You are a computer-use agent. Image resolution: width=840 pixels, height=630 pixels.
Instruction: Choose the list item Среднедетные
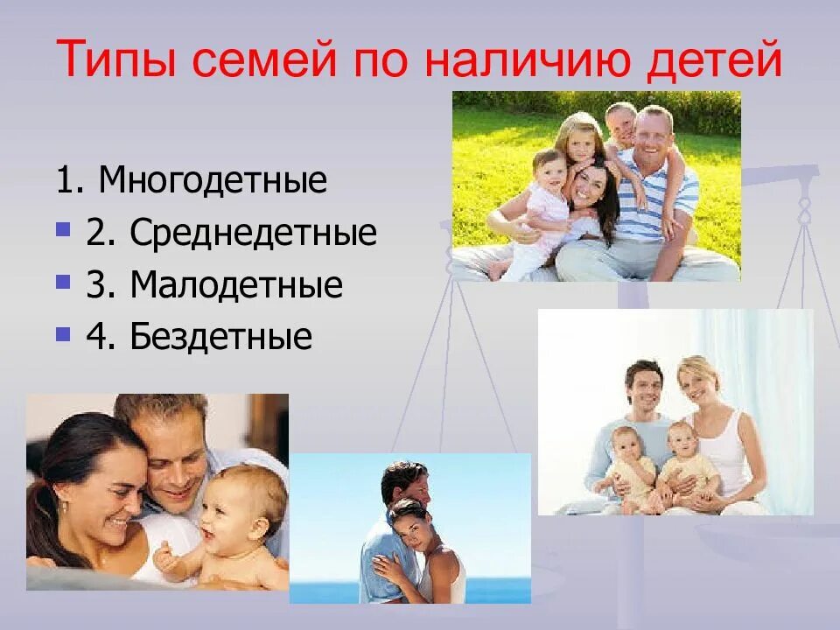(x=253, y=233)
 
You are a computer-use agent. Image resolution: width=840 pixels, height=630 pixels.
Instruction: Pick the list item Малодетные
(x=235, y=284)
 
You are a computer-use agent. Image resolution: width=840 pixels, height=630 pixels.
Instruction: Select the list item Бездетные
(x=220, y=336)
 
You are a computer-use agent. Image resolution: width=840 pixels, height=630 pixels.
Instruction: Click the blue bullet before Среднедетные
(x=62, y=231)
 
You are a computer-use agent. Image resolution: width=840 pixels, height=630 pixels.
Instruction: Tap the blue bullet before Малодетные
(x=62, y=283)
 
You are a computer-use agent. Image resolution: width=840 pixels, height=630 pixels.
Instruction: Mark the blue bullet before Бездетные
(x=62, y=334)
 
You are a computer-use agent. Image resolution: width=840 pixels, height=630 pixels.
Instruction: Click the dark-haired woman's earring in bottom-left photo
(x=62, y=506)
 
